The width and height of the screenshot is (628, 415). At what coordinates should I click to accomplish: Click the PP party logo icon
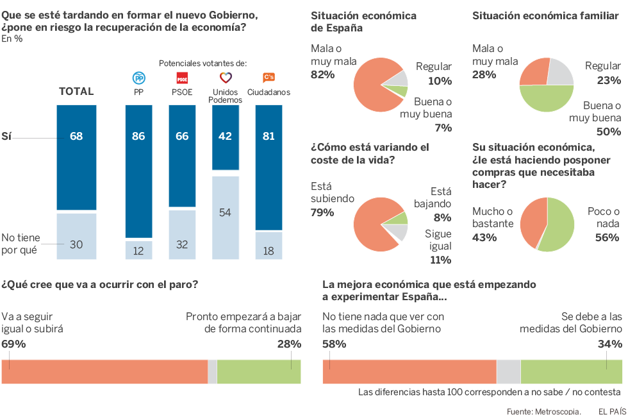138,78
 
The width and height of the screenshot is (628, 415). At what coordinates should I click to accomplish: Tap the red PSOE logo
182,78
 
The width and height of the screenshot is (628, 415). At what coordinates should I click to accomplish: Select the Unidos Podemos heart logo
225,78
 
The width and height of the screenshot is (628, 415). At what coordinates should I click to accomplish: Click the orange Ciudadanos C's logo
269,78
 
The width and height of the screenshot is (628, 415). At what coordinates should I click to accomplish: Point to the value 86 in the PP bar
138,137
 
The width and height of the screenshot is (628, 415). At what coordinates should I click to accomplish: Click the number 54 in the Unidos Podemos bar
225,212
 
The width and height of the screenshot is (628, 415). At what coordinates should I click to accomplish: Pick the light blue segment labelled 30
76,243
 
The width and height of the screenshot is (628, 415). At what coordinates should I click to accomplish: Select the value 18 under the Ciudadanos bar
269,251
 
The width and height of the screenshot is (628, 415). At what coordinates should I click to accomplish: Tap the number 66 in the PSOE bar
182,137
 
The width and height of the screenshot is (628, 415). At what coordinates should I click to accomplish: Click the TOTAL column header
76,92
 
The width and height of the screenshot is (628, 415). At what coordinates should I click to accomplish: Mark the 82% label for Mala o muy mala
322,74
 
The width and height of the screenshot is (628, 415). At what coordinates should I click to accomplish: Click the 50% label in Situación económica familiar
608,131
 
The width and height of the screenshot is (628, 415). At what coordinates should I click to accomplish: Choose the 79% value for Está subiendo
322,212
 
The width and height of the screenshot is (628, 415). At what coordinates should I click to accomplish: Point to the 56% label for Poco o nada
607,237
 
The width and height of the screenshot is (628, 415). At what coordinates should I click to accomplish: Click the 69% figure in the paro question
13,344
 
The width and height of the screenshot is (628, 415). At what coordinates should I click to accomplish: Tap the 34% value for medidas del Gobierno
609,344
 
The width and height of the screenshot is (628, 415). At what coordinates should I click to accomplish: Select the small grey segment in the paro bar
212,372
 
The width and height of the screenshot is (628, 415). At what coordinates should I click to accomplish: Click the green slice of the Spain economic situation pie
401,91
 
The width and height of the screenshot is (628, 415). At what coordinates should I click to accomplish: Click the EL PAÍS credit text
611,411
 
